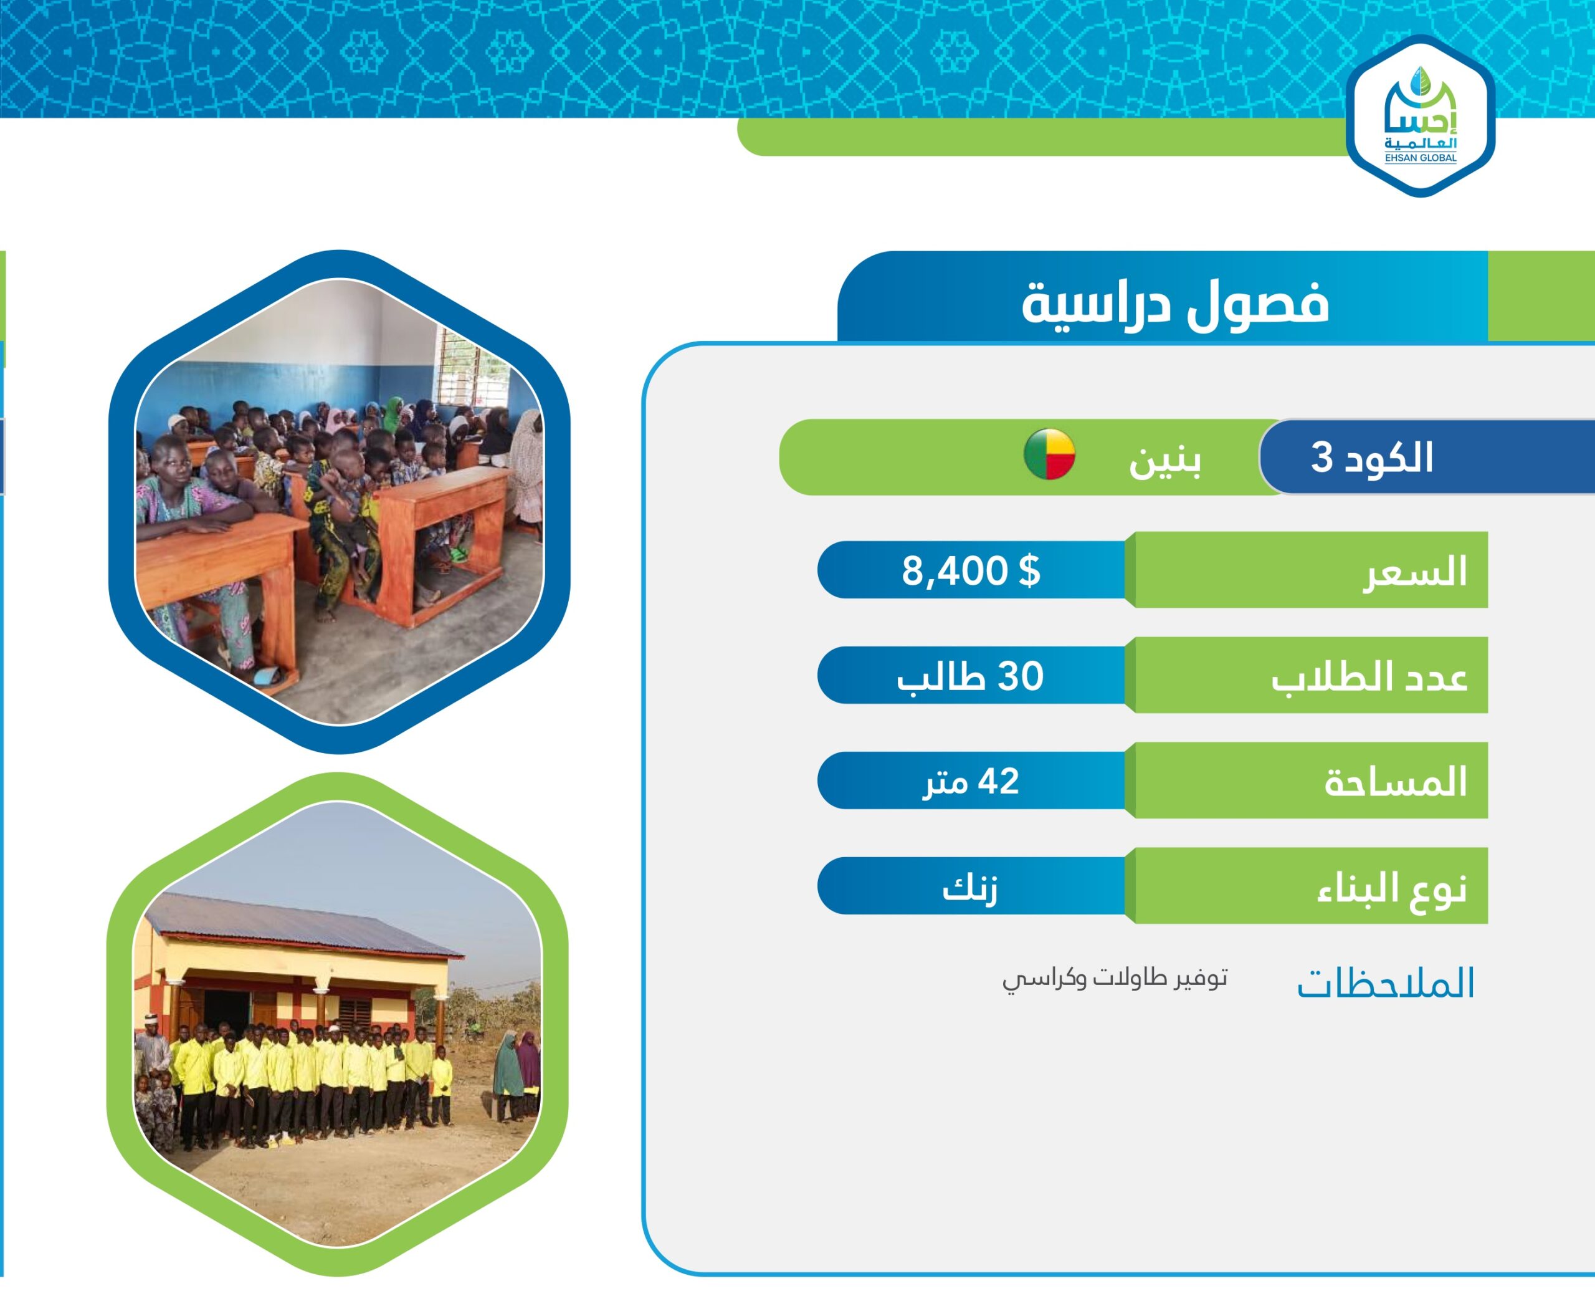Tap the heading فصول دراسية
[x=1175, y=304]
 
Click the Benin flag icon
[x=1049, y=454]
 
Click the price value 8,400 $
[x=971, y=570]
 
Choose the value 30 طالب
[x=970, y=676]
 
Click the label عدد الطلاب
[x=1369, y=678]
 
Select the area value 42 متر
[x=971, y=782]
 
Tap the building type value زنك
[x=970, y=887]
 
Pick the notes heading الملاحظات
[x=1386, y=983]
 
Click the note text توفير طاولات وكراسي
[x=1115, y=979]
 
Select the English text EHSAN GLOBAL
[x=1421, y=158]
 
